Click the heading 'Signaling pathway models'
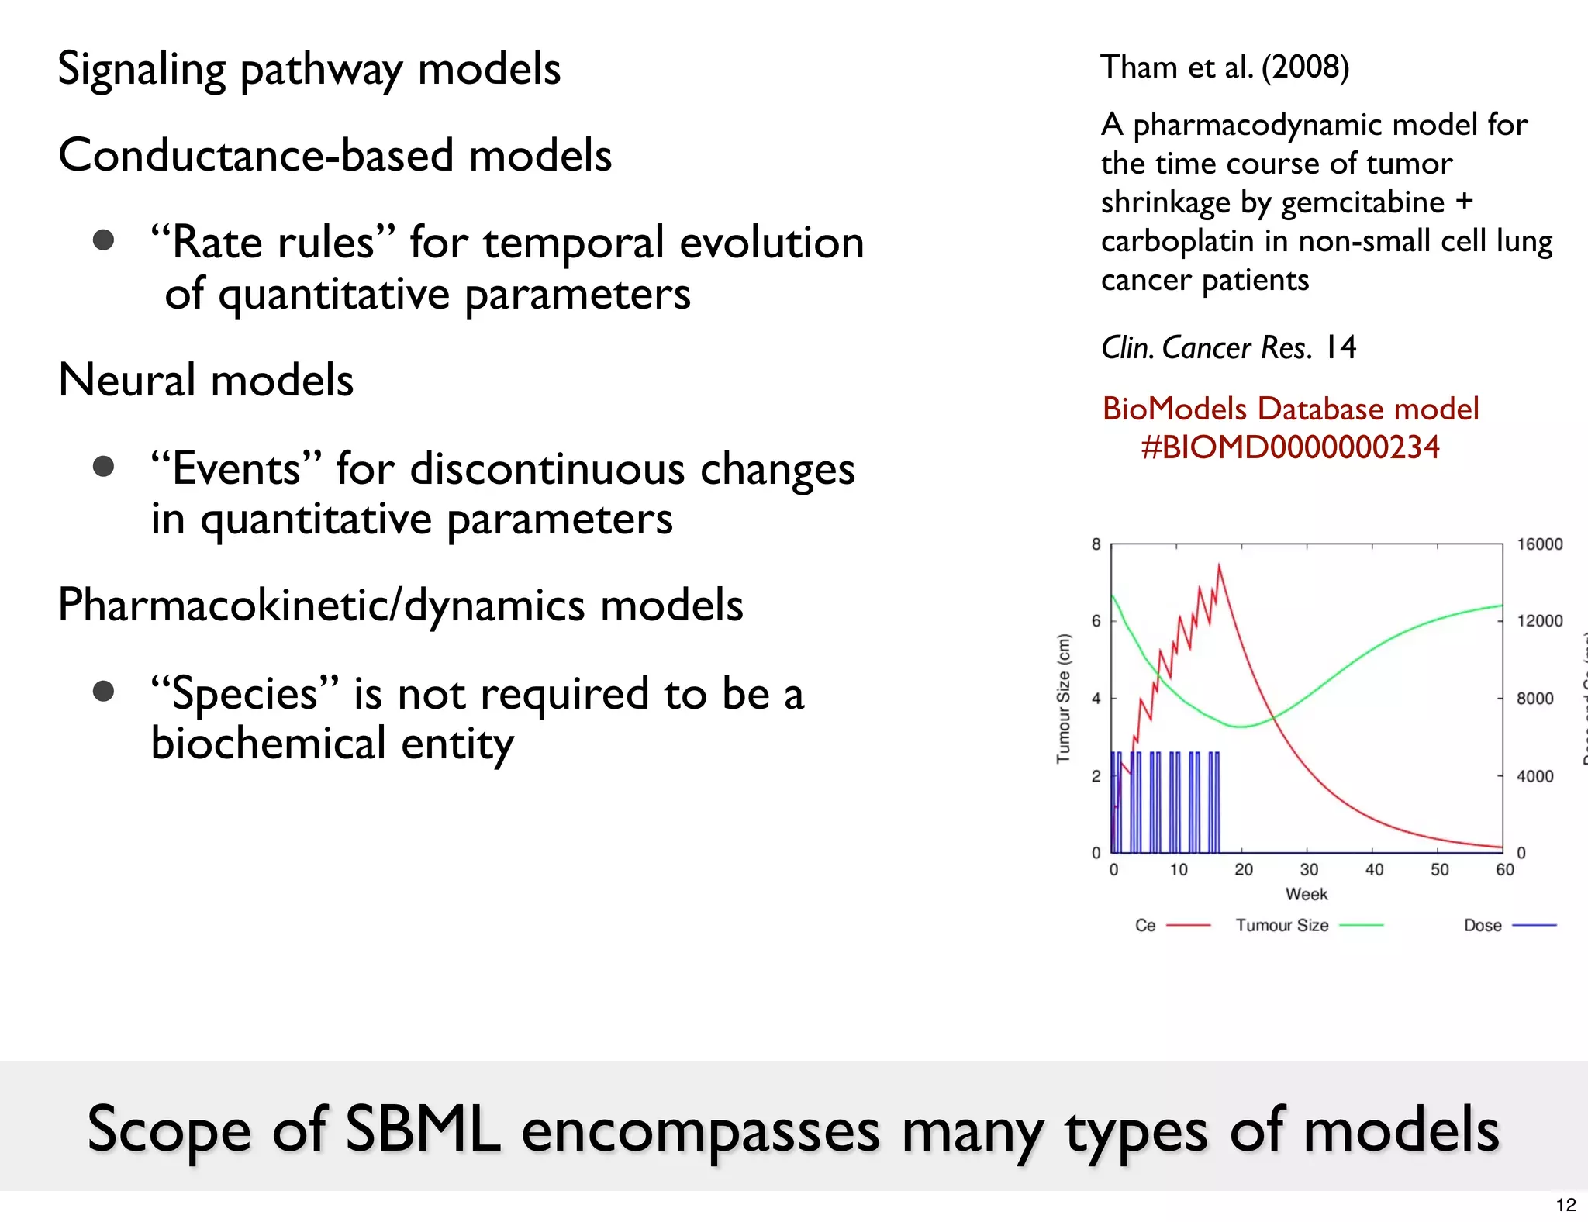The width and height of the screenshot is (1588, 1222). point(309,70)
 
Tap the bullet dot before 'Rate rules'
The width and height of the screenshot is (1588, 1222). point(103,240)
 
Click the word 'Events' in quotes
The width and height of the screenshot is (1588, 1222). point(236,469)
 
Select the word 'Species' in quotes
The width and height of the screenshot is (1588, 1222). point(245,694)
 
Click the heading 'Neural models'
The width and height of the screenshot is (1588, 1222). point(205,380)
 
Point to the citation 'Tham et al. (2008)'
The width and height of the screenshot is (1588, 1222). point(1224,67)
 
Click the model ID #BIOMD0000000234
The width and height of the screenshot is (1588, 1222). point(1289,447)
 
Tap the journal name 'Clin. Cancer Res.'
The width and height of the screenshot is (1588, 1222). point(1207,348)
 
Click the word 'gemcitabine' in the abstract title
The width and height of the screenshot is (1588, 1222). point(1362,202)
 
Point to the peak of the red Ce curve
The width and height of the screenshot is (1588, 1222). point(1219,565)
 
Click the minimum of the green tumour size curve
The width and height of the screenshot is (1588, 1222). point(1242,727)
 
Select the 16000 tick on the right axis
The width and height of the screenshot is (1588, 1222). point(1539,544)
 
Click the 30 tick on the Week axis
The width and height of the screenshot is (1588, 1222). point(1309,869)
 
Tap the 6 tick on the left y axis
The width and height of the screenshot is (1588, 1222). point(1096,620)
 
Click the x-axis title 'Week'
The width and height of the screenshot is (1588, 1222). point(1307,894)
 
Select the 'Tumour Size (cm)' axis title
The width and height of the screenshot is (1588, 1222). point(1063,698)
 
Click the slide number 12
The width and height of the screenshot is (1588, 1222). point(1566,1205)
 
